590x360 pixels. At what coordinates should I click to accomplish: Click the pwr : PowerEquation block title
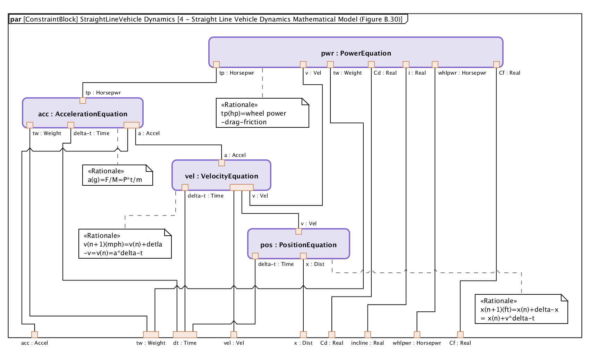click(x=356, y=53)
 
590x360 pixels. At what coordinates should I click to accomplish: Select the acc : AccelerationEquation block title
click(x=83, y=114)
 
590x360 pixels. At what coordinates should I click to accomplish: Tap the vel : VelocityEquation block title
click(x=221, y=176)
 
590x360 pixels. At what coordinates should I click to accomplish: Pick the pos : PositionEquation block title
click(x=298, y=245)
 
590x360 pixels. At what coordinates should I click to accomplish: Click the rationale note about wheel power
click(x=262, y=113)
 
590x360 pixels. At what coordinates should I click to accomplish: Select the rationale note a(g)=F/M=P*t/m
click(x=117, y=175)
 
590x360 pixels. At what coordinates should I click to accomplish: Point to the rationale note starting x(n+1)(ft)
click(x=521, y=309)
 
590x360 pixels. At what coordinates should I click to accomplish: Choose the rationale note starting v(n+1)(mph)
click(x=125, y=244)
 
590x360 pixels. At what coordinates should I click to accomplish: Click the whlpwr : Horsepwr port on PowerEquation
click(x=435, y=65)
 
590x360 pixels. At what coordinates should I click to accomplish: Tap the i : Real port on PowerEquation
click(x=406, y=65)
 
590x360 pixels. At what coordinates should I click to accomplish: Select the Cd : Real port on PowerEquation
click(x=371, y=65)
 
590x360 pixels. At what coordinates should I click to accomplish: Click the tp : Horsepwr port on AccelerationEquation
click(x=83, y=101)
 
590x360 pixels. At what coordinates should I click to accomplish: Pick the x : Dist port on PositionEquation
click(x=303, y=256)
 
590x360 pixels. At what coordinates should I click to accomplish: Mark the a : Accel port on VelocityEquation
click(x=221, y=163)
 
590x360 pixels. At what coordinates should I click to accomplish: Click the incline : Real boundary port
click(x=368, y=335)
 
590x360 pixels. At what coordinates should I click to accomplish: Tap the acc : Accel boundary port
click(x=34, y=335)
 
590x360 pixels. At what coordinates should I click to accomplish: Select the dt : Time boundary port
click(x=185, y=335)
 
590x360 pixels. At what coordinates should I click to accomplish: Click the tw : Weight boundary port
click(x=151, y=335)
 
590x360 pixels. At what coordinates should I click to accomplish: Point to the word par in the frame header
click(x=16, y=19)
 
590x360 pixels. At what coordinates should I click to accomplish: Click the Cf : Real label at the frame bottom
click(x=460, y=343)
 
